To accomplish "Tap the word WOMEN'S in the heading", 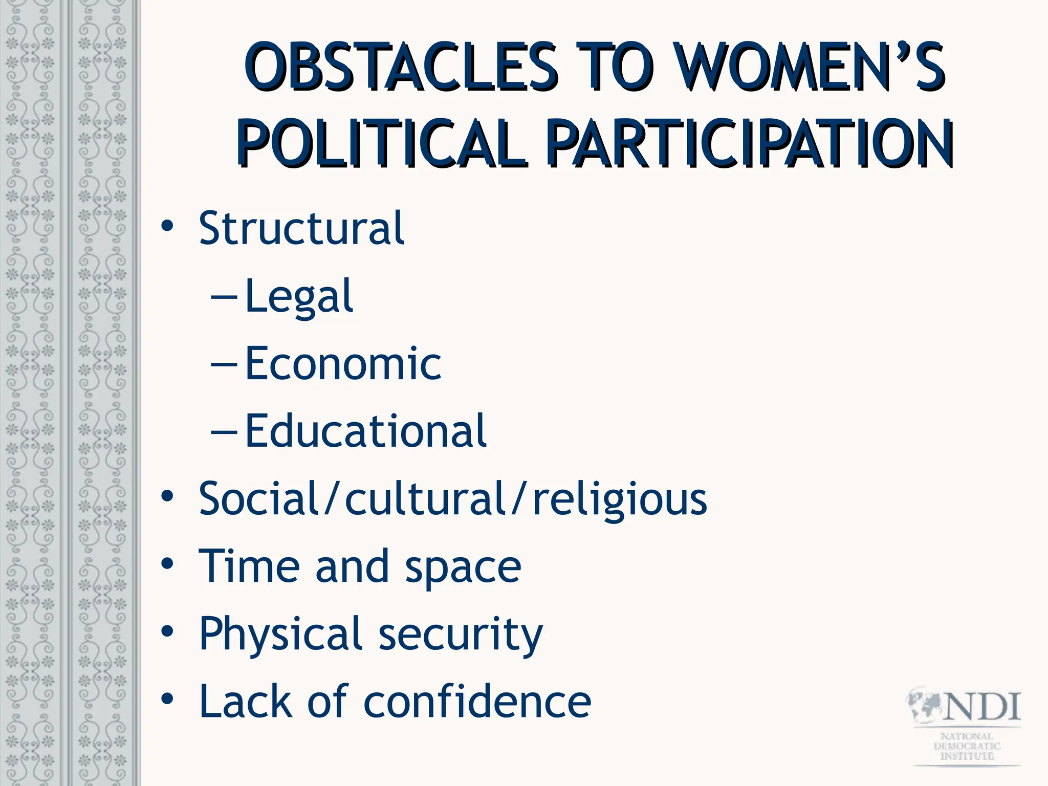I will pos(809,68).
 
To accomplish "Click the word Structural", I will pos(301,228).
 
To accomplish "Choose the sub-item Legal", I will pos(299,297).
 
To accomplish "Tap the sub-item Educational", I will pos(365,431).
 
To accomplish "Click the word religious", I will pos(620,499).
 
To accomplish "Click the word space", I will pos(463,568).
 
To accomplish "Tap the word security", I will pos(461,635).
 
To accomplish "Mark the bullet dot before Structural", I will pos(167,226).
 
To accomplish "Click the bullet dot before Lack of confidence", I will pos(167,699).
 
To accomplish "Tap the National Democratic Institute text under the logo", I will pos(967,746).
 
